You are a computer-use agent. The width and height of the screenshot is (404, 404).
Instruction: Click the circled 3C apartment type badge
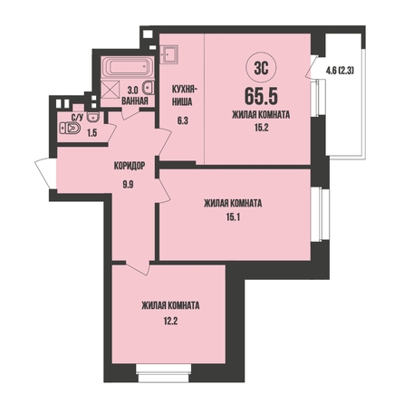click(x=261, y=69)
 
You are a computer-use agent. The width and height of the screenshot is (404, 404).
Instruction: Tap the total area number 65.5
click(x=261, y=96)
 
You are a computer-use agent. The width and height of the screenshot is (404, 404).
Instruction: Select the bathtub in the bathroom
click(x=128, y=67)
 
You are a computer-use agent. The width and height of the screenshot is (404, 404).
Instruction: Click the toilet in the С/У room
click(x=71, y=129)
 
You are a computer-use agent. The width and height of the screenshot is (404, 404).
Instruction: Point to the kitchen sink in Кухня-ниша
click(x=168, y=54)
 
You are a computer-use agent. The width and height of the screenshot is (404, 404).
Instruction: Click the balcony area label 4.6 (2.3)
click(x=340, y=71)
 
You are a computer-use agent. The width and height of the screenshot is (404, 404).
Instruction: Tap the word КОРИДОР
click(x=130, y=166)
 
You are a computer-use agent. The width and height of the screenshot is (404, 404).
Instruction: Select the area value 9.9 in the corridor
click(x=128, y=184)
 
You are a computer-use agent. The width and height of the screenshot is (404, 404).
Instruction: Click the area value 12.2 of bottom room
click(x=170, y=321)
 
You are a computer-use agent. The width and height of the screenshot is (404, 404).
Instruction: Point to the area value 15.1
click(x=233, y=217)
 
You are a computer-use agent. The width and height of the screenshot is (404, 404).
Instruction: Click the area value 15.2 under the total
click(x=261, y=128)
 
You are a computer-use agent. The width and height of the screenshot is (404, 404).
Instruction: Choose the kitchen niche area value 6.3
click(x=183, y=121)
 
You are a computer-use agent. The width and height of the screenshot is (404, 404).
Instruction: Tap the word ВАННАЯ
click(x=135, y=101)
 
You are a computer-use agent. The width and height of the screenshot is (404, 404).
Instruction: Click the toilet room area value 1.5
click(x=91, y=133)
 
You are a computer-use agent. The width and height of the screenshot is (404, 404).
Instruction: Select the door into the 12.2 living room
click(x=138, y=267)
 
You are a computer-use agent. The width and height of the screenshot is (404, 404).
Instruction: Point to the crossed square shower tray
click(x=110, y=90)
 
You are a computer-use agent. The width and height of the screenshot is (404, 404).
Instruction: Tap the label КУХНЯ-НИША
click(x=184, y=96)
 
